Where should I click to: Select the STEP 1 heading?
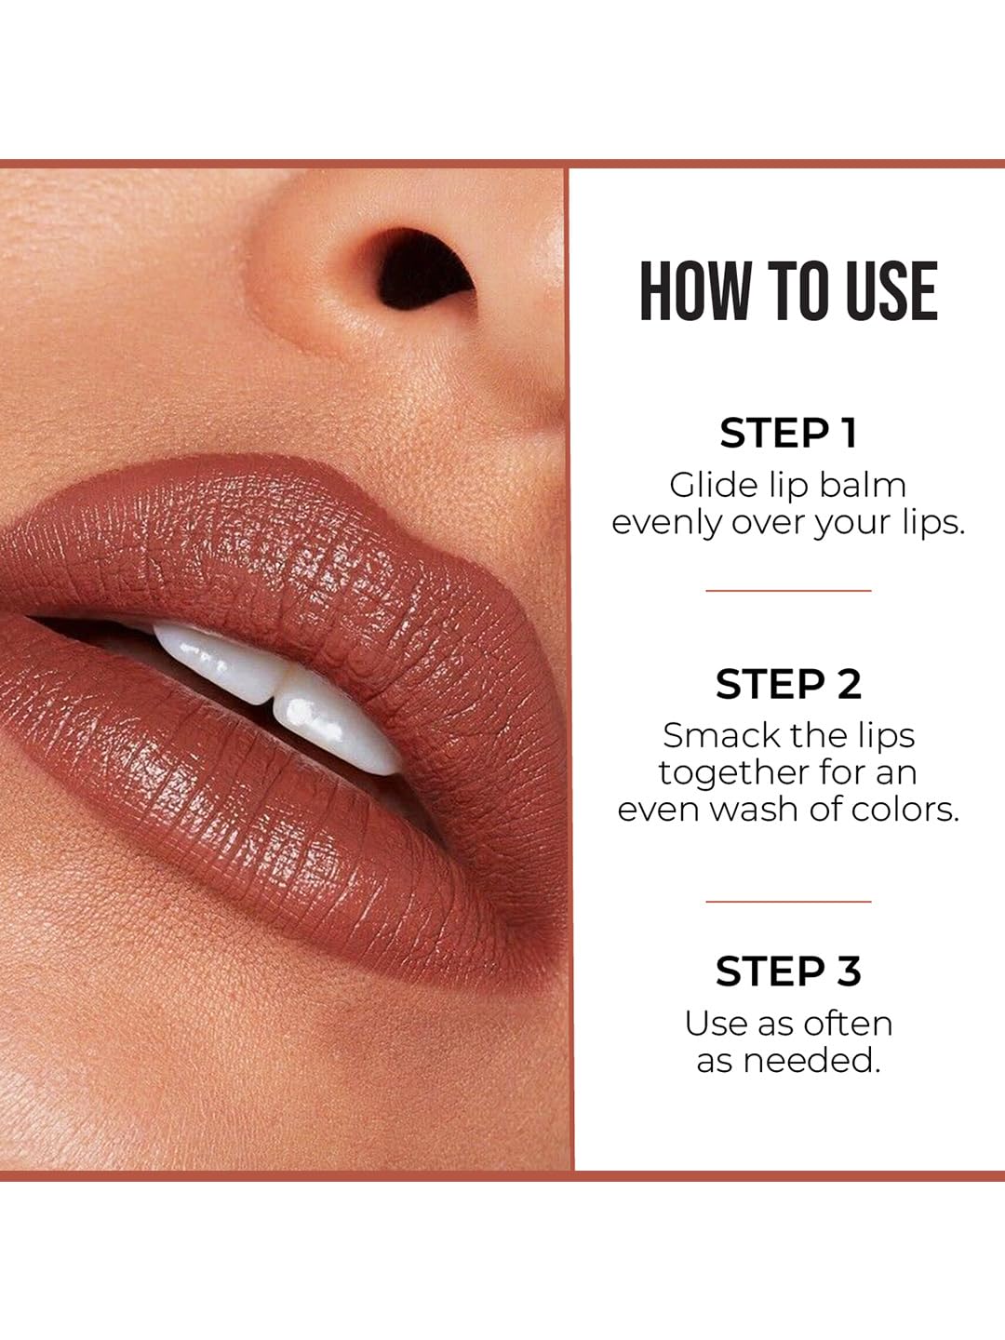(x=788, y=433)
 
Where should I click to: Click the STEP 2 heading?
(x=788, y=684)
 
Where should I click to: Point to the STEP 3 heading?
(x=788, y=971)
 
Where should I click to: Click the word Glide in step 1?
(x=703, y=486)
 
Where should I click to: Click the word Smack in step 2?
(x=704, y=736)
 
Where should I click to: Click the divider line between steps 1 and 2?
(x=788, y=590)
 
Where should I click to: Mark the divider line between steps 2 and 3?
(x=788, y=901)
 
